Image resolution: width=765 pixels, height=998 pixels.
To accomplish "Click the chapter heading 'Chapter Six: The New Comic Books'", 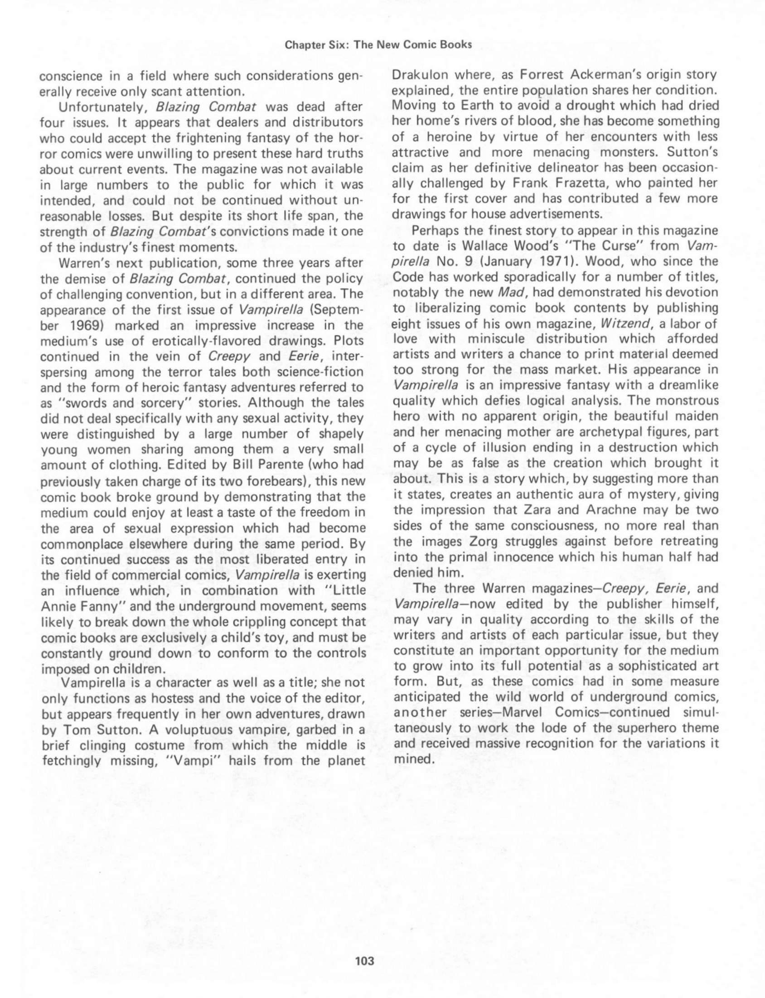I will (x=378, y=45).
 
